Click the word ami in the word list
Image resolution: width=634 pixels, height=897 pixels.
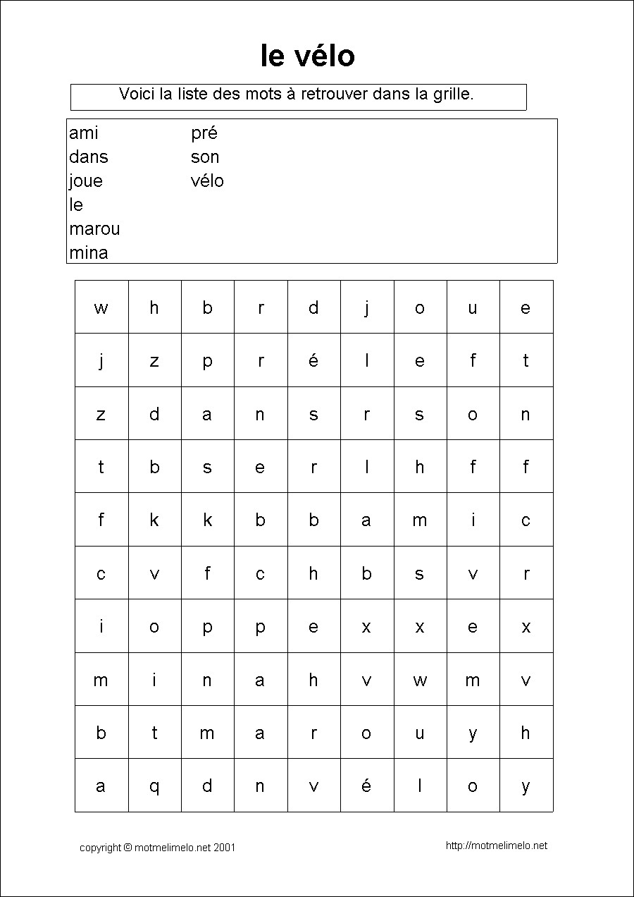tap(84, 133)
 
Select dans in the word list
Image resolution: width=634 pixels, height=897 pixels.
tap(89, 157)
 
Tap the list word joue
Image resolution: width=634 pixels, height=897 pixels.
tap(86, 181)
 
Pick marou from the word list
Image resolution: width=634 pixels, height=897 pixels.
tap(94, 229)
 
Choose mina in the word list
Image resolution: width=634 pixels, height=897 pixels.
tap(89, 252)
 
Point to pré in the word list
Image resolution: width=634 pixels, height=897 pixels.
tap(204, 133)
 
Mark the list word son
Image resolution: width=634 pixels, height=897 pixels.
tap(205, 157)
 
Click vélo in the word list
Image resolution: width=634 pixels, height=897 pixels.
tap(207, 181)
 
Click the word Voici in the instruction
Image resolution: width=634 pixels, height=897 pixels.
tap(137, 94)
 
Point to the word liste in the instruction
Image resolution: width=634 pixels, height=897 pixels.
tap(193, 94)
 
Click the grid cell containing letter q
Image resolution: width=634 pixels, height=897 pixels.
tap(154, 786)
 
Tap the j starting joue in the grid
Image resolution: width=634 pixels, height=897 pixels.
tap(366, 307)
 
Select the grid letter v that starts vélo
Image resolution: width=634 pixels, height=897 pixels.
tap(313, 786)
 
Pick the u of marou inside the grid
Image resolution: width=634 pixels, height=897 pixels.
tap(419, 733)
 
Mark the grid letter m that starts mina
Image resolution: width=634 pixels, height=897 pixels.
tap(101, 681)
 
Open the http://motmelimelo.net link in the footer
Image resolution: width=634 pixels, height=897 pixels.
tap(497, 846)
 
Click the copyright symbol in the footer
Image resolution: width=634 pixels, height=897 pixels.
tap(128, 848)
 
